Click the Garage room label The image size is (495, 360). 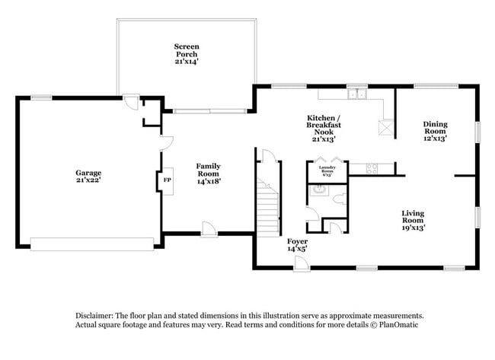click(x=88, y=173)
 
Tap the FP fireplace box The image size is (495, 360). click(x=167, y=180)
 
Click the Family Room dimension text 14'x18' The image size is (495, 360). click(x=208, y=181)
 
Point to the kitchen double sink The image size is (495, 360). click(x=356, y=95)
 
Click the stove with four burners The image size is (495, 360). click(x=372, y=167)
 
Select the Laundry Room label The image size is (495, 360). click(x=327, y=170)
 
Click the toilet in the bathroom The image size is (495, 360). click(x=340, y=199)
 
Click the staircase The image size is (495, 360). click(x=267, y=205)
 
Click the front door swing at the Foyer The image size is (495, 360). click(x=301, y=262)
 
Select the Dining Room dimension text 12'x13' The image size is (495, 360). click(x=435, y=139)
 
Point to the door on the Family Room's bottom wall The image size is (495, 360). click(x=208, y=228)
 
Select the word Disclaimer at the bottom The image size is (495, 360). click(x=93, y=314)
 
